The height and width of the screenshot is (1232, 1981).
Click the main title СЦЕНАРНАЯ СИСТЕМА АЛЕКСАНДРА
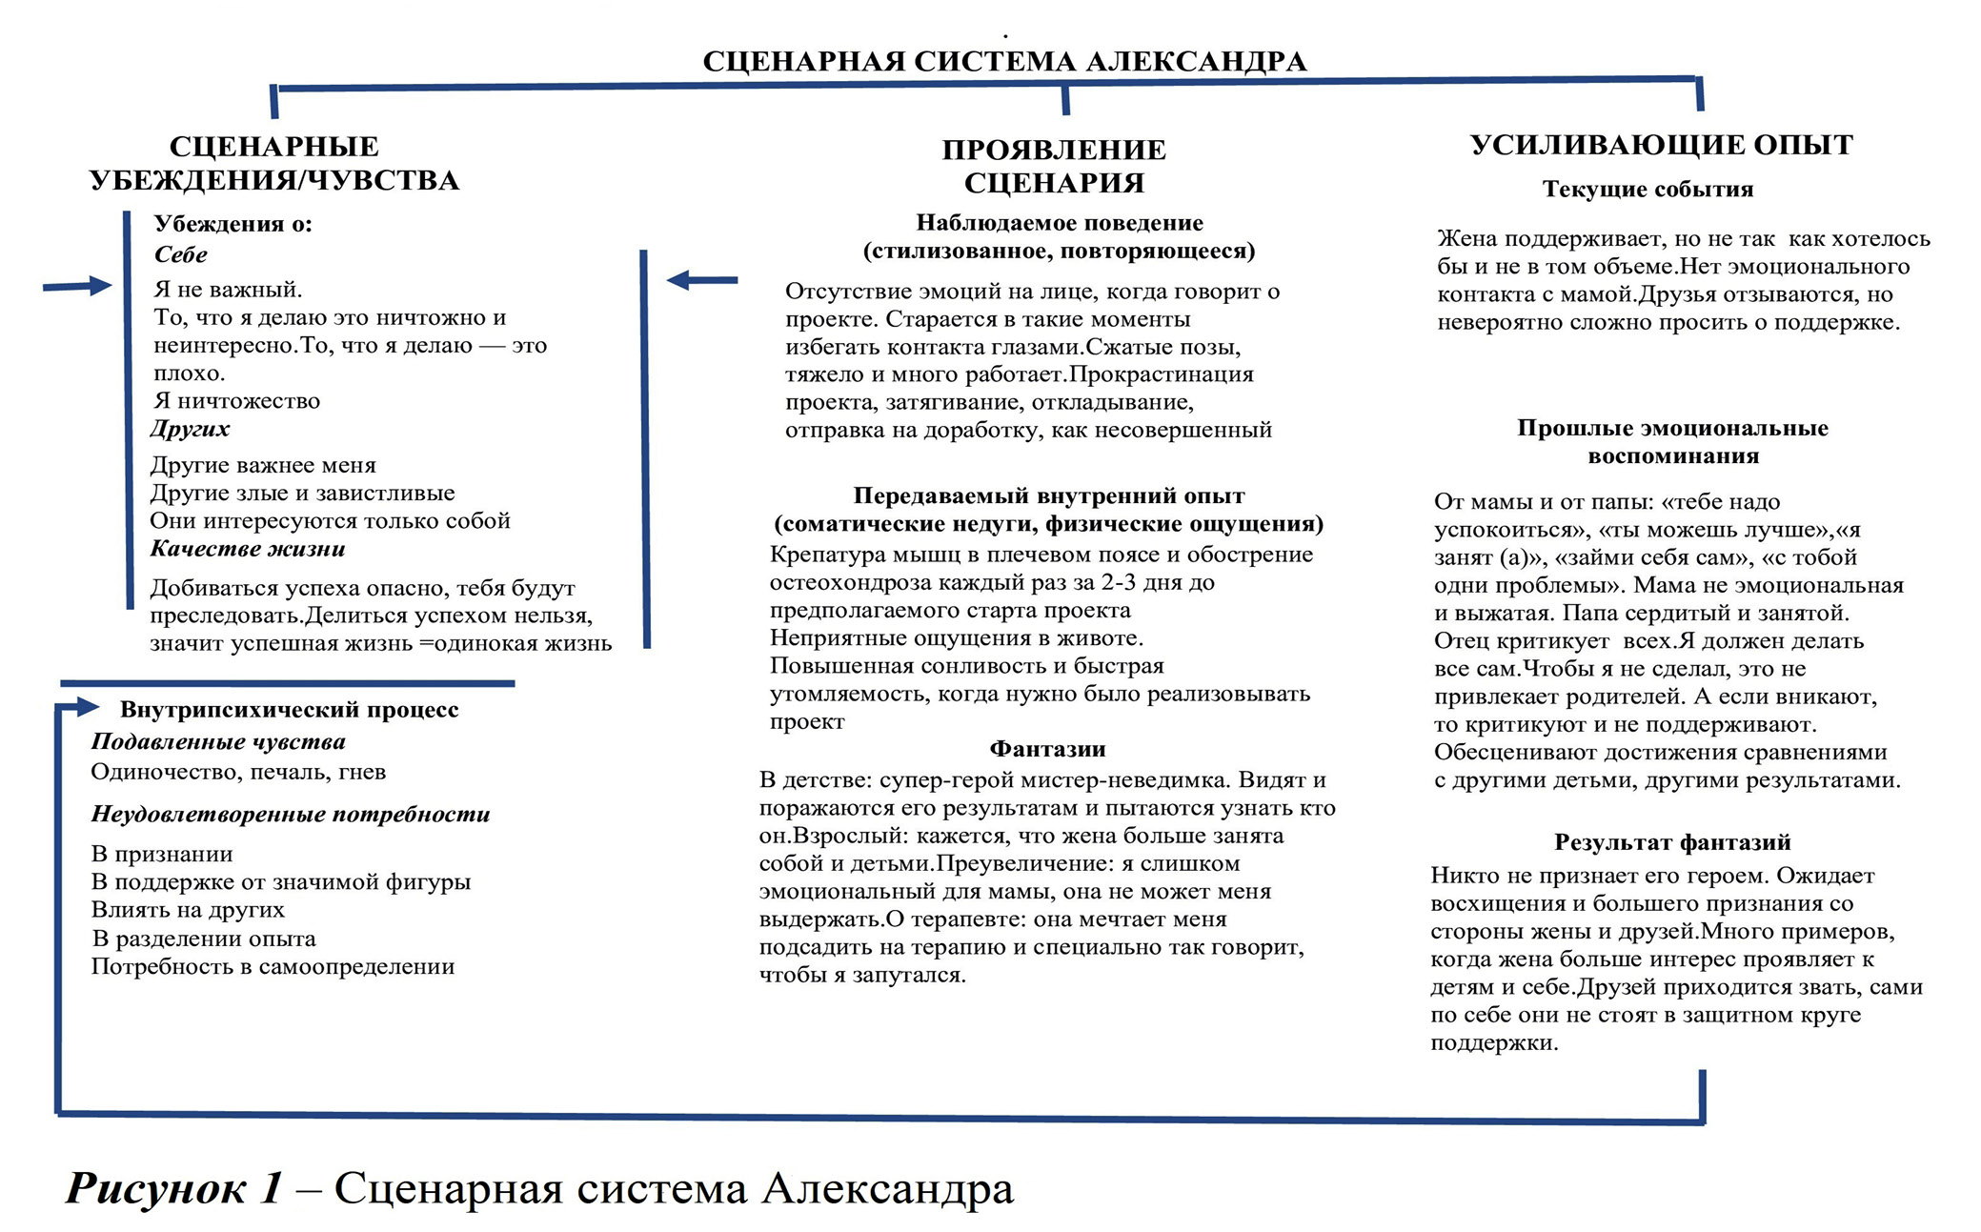pyautogui.click(x=1004, y=62)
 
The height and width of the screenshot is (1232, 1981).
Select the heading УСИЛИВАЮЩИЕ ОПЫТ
pyautogui.click(x=1661, y=146)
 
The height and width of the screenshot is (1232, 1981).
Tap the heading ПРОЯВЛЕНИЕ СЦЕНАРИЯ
pyautogui.click(x=1054, y=166)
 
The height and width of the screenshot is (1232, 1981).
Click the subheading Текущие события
pyautogui.click(x=1647, y=190)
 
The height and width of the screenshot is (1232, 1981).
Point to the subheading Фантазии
pyautogui.click(x=1047, y=749)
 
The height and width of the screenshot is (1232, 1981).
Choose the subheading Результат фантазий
pyautogui.click(x=1672, y=842)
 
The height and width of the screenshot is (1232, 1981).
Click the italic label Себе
pyautogui.click(x=181, y=255)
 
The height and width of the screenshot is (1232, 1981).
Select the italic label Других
pyautogui.click(x=191, y=429)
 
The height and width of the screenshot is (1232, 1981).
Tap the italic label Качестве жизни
pyautogui.click(x=248, y=549)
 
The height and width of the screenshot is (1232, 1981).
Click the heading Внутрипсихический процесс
pyautogui.click(x=289, y=710)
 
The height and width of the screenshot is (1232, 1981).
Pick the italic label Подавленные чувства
pyautogui.click(x=218, y=742)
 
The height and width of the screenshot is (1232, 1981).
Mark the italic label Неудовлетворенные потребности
pyautogui.click(x=291, y=815)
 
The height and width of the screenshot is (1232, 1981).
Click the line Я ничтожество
pyautogui.click(x=237, y=401)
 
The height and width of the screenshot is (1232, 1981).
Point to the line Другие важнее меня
pyautogui.click(x=263, y=465)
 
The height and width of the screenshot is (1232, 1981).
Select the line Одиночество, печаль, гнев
pyautogui.click(x=238, y=772)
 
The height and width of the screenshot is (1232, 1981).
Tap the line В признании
pyautogui.click(x=162, y=855)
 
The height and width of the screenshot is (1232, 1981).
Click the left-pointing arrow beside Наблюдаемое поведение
pyautogui.click(x=702, y=280)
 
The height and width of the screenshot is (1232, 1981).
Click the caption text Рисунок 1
pyautogui.click(x=174, y=1189)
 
